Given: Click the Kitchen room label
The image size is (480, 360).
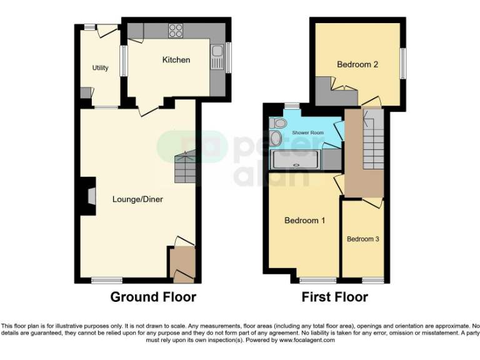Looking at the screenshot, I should pos(176,60).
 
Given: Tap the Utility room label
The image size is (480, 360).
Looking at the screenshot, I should pos(100,68).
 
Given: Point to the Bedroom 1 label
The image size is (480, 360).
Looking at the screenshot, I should pos(304,220).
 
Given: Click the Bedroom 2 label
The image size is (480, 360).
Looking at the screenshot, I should pos(357,64).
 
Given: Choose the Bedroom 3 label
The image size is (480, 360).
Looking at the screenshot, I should pos(363,239).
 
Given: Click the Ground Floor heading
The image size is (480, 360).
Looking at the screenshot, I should pos(153,297).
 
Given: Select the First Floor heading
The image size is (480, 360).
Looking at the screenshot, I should pos(334,297).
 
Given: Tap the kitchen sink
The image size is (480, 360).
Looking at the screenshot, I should pos(217,56).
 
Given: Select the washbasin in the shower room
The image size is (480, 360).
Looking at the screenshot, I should pos(276,138).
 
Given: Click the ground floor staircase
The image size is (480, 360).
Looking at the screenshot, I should pos(185,167).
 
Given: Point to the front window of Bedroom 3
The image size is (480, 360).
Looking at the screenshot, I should pos(372,279).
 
